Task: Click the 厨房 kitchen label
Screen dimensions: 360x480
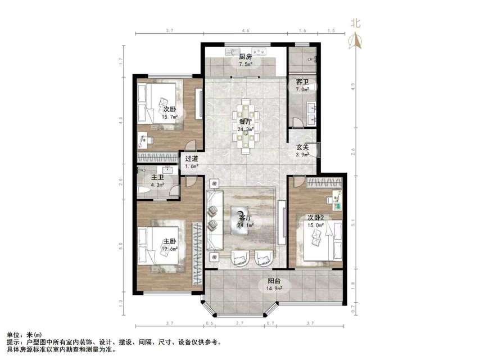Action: [x=244, y=57]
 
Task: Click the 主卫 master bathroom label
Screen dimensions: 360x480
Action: [x=157, y=178]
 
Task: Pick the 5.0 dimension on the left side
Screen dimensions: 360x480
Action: [x=120, y=245]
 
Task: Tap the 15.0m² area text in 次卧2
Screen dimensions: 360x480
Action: [x=315, y=226]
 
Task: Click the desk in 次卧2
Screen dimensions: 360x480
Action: [x=335, y=197]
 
